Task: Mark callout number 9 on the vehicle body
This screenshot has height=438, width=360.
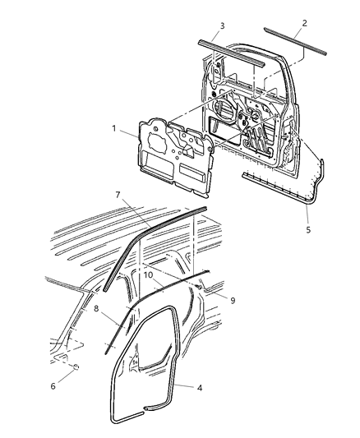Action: point(233,301)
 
